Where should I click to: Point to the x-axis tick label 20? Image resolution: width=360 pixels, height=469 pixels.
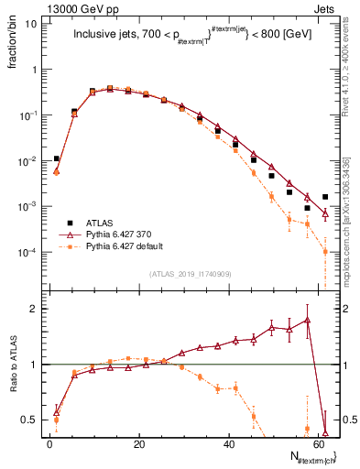click(138, 444)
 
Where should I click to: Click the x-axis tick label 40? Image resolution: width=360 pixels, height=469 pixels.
click(228, 444)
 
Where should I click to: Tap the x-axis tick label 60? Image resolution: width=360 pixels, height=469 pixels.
click(318, 444)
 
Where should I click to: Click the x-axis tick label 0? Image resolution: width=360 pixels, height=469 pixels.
click(49, 444)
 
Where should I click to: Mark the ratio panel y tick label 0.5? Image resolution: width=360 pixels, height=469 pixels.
click(29, 420)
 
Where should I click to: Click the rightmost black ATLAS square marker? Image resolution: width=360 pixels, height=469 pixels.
click(325, 197)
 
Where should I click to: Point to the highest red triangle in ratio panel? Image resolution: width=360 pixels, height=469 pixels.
click(308, 320)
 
